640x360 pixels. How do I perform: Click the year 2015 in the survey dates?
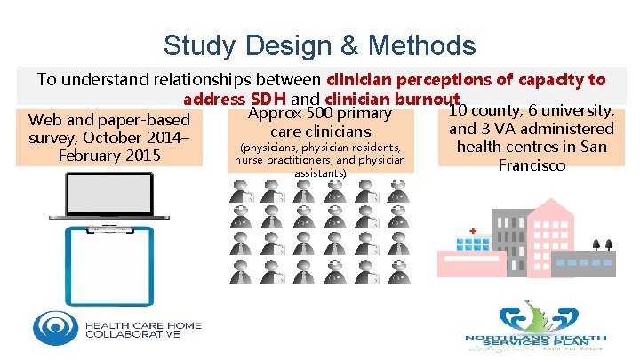click(142, 156)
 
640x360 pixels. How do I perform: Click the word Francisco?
click(532, 165)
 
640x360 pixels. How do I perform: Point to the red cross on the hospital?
click(474, 231)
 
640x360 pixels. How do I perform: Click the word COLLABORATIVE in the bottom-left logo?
click(132, 334)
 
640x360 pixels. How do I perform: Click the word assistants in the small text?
click(320, 172)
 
